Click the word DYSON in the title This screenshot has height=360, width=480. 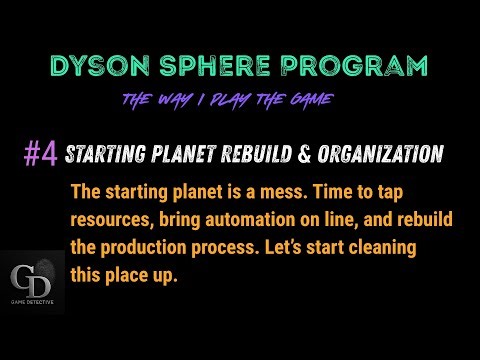point(103,68)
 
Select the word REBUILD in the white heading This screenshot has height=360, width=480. point(252,155)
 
